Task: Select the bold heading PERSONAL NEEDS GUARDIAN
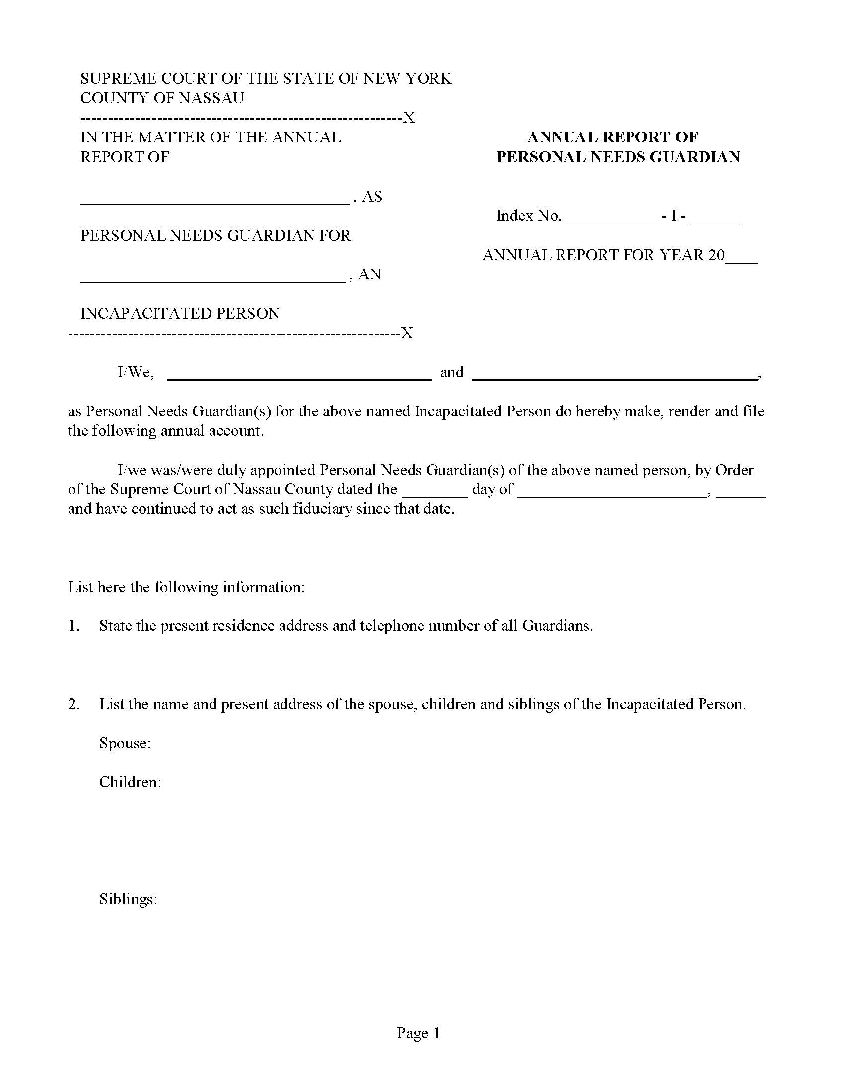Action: point(618,157)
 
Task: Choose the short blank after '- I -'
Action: point(714,220)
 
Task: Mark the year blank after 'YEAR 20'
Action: point(742,259)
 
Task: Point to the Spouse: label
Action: point(125,743)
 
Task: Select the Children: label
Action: point(130,781)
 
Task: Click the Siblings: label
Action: point(129,899)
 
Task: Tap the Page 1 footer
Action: point(419,1033)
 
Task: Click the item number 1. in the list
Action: point(74,626)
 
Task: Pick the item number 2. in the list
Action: point(74,704)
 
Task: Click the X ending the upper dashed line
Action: point(409,118)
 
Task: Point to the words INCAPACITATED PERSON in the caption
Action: point(180,314)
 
